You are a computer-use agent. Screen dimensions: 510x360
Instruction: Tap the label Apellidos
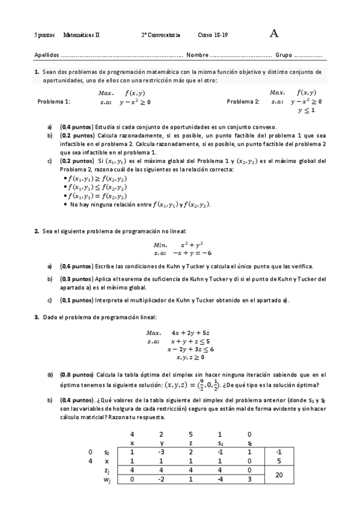click(x=47, y=55)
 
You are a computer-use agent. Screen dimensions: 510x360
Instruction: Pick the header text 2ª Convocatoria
click(x=160, y=35)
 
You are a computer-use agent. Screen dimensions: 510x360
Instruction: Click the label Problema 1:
click(x=53, y=102)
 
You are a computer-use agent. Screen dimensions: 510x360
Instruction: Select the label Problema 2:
click(x=243, y=102)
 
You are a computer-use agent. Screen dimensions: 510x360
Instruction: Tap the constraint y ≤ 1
click(x=307, y=111)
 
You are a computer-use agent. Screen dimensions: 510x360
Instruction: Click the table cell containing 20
click(x=278, y=475)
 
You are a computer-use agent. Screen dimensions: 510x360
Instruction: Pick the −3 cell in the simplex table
click(x=160, y=452)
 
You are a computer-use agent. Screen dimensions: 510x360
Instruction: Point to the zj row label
click(x=106, y=470)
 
